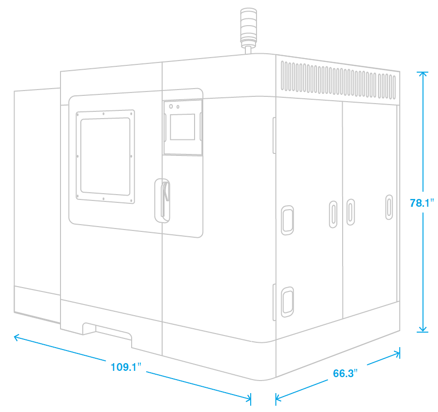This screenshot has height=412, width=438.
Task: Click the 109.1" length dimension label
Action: [x=125, y=366]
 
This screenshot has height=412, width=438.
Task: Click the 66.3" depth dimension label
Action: [x=345, y=374]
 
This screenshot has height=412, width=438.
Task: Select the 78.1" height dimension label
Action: [x=421, y=203]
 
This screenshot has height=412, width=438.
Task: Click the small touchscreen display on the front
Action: [x=182, y=127]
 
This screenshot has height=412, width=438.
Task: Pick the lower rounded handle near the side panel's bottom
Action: [x=287, y=301]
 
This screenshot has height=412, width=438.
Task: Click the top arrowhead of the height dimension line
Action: [x=423, y=73]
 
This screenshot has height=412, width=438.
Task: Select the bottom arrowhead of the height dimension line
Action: [x=423, y=331]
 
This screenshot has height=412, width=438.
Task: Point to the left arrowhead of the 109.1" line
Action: [x=15, y=336]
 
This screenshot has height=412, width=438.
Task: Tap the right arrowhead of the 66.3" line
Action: [x=398, y=353]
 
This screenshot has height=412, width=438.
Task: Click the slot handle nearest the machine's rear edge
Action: [x=389, y=207]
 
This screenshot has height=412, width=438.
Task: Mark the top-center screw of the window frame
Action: [x=104, y=114]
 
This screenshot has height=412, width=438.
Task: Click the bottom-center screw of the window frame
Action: [x=104, y=199]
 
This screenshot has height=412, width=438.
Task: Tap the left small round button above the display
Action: [x=171, y=105]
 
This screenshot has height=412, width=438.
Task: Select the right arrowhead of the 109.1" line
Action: [x=249, y=398]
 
